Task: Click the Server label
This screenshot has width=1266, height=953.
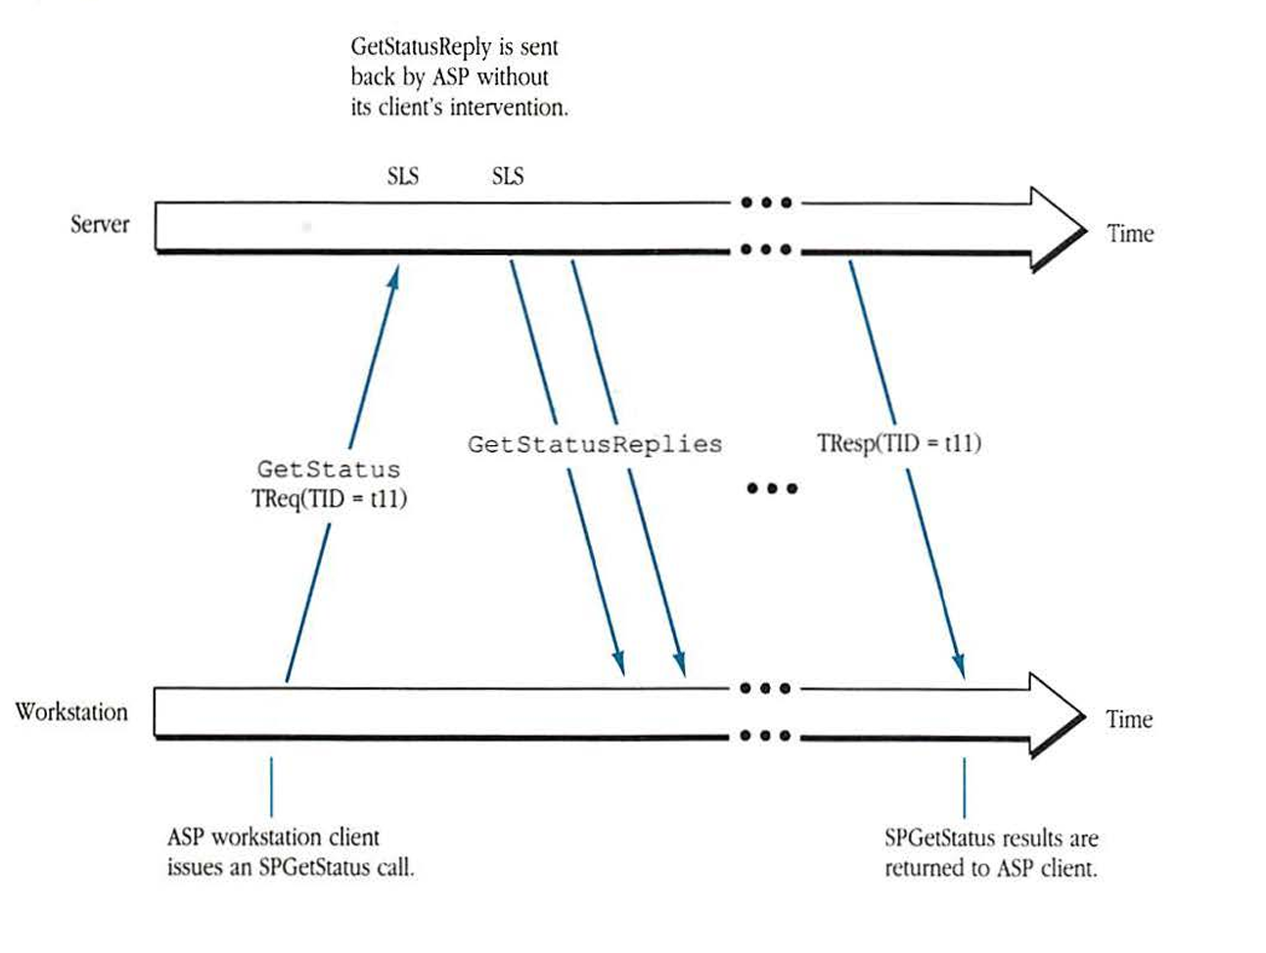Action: [100, 225]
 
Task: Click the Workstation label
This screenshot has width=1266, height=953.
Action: [71, 712]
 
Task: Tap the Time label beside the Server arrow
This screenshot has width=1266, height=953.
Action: [1130, 234]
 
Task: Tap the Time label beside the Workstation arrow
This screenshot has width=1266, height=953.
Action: [1129, 720]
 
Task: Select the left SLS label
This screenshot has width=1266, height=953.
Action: [402, 177]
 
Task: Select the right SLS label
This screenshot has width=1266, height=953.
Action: [508, 177]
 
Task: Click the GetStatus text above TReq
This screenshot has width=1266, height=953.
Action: [329, 470]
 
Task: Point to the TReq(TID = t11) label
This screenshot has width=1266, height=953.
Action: [329, 499]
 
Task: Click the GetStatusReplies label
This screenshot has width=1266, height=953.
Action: [595, 444]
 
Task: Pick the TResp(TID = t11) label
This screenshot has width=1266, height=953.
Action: [899, 443]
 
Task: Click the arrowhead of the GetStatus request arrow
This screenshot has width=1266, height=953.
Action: [393, 277]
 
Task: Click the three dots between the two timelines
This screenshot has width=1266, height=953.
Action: [772, 488]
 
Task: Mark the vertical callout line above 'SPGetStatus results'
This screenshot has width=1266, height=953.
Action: [965, 788]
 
